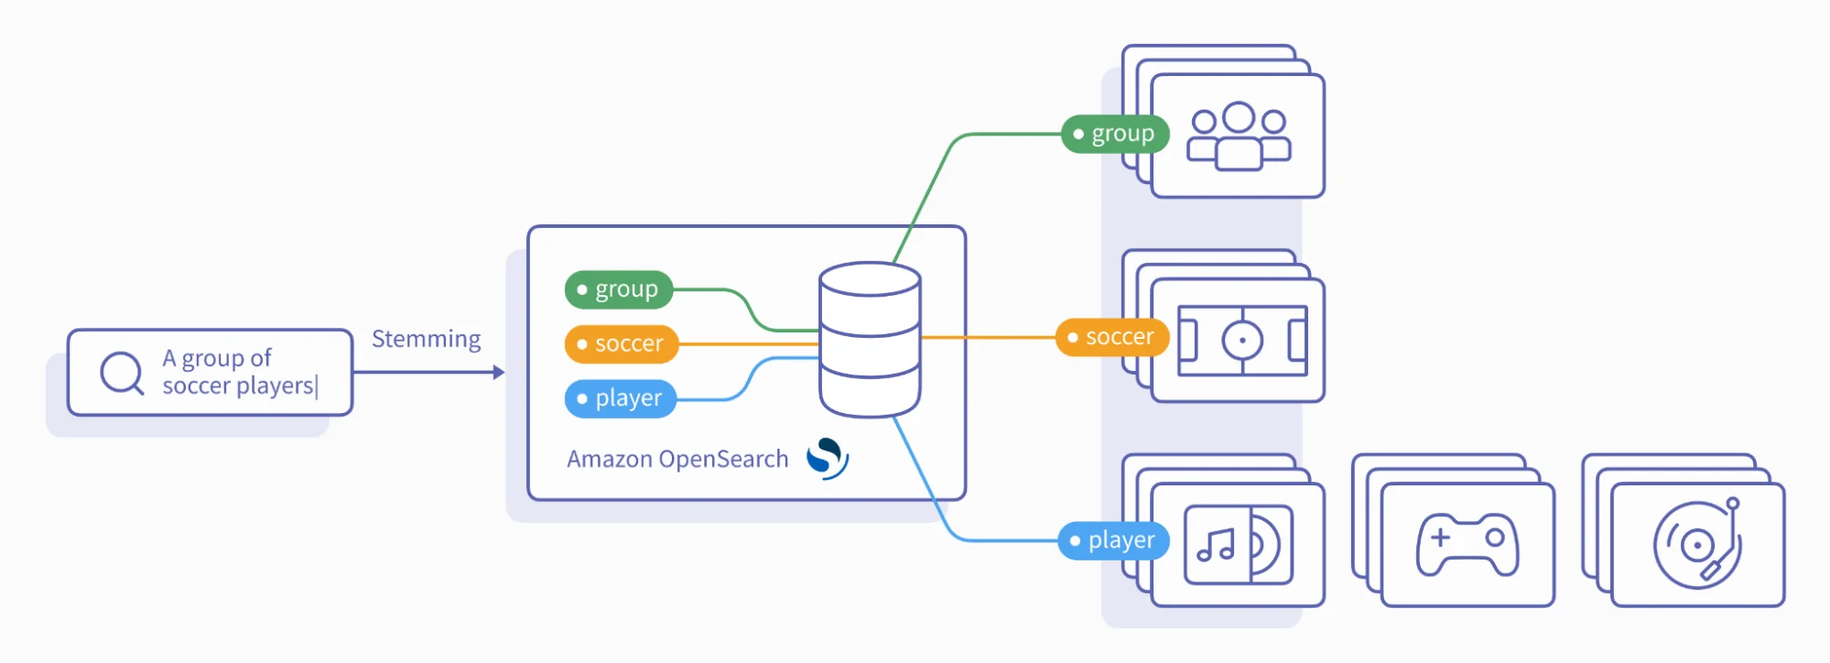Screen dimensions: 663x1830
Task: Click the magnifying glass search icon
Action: pos(122,373)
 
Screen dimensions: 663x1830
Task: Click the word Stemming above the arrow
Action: pos(426,339)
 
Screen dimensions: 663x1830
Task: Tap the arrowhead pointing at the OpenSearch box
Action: pos(499,372)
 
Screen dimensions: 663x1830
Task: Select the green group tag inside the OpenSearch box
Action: pos(619,289)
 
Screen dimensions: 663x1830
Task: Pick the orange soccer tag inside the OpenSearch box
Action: pos(622,344)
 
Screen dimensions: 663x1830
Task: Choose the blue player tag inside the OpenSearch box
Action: pos(621,398)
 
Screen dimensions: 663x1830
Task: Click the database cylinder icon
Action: pos(870,339)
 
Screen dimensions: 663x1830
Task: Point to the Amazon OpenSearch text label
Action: pos(677,459)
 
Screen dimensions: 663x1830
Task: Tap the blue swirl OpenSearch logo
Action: pos(828,458)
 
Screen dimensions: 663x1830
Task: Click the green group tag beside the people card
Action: pos(1115,134)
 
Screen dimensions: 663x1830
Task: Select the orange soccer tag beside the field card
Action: pos(1112,337)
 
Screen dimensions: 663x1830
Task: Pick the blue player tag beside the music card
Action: pos(1114,540)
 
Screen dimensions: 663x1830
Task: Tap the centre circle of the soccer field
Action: pos(1242,341)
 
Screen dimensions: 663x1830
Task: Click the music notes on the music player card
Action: pos(1217,546)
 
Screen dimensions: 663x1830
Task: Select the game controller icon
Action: pos(1467,544)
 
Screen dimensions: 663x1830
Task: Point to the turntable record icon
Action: pos(1697,544)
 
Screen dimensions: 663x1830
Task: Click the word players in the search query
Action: pos(276,386)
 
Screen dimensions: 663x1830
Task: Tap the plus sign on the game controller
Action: pos(1441,538)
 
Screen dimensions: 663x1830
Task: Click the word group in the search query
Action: pos(213,358)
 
